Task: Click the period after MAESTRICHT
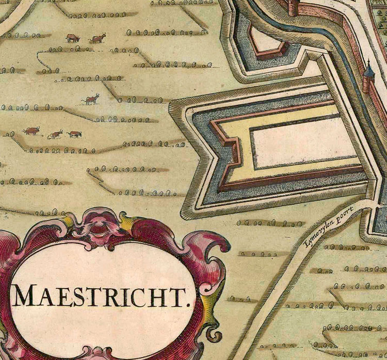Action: click(x=189, y=304)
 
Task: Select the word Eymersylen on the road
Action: click(x=315, y=230)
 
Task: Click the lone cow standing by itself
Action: click(x=91, y=99)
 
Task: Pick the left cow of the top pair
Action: click(x=73, y=38)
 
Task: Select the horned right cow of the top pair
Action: click(x=98, y=38)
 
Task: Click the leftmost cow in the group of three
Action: click(x=31, y=131)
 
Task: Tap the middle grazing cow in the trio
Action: click(x=55, y=134)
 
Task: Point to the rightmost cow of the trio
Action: click(x=74, y=134)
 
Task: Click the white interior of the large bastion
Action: click(x=304, y=142)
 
